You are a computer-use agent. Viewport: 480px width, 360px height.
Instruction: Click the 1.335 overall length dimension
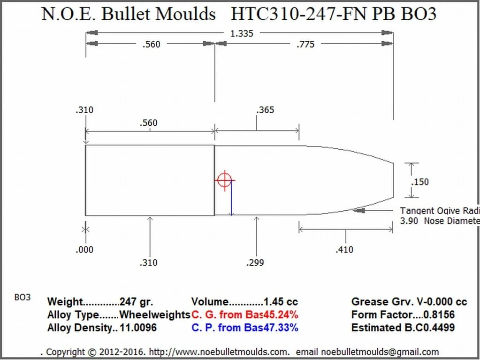click(239, 33)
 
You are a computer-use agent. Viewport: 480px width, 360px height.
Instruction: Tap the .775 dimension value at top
click(305, 45)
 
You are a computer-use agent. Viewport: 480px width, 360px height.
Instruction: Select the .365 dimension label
click(265, 110)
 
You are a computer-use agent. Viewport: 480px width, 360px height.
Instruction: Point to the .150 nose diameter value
click(420, 182)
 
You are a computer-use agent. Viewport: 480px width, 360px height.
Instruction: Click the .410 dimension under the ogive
click(344, 250)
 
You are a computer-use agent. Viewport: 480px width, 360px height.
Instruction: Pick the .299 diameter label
click(255, 262)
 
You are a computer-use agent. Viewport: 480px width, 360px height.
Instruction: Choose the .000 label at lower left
click(84, 250)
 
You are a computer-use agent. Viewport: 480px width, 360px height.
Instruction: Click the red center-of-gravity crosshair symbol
click(224, 180)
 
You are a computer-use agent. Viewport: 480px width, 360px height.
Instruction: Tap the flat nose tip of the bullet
click(393, 180)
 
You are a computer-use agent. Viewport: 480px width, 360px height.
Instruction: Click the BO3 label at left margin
click(23, 298)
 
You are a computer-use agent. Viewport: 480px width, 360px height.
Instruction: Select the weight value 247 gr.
click(137, 302)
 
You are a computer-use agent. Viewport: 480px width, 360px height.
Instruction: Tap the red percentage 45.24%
click(281, 315)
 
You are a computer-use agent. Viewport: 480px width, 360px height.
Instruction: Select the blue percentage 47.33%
click(281, 328)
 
